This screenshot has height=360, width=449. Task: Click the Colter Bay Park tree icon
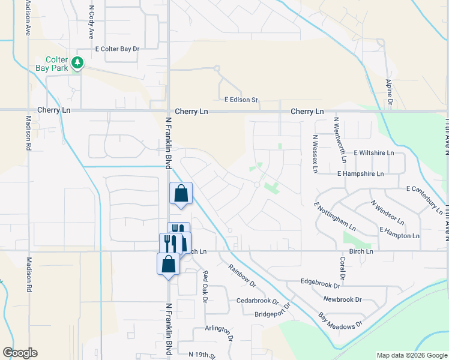(x=77, y=62)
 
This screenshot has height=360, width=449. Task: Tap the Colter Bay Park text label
(x=56, y=64)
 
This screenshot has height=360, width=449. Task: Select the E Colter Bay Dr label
(x=116, y=49)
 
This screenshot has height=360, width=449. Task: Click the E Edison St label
(x=241, y=100)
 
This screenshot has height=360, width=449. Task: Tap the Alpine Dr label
(x=389, y=94)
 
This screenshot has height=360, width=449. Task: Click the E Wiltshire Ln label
(x=373, y=153)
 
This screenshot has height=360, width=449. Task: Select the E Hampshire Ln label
(x=360, y=173)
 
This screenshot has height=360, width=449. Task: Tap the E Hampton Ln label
(x=399, y=233)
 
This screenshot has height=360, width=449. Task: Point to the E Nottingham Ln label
(x=334, y=217)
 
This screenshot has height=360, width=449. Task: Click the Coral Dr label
(x=342, y=269)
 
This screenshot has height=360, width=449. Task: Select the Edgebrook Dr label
(x=325, y=281)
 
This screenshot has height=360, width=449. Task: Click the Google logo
(x=20, y=353)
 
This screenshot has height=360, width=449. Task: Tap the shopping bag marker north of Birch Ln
(x=181, y=194)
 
